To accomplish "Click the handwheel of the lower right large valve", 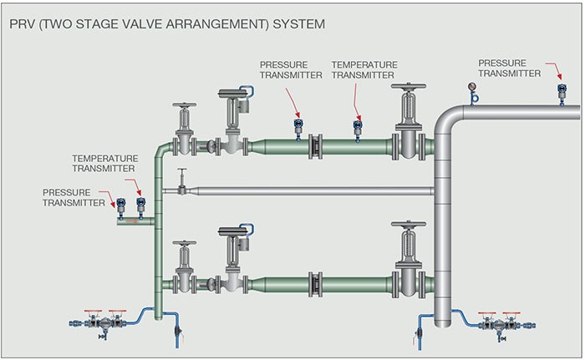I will click(408, 226).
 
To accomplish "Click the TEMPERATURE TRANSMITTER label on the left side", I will click(104, 162).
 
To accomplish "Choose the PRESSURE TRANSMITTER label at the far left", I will click(74, 197).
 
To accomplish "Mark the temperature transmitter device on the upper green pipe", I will click(357, 128).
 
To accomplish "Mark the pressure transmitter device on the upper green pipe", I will click(298, 128).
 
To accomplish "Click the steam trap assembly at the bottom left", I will click(105, 322).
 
